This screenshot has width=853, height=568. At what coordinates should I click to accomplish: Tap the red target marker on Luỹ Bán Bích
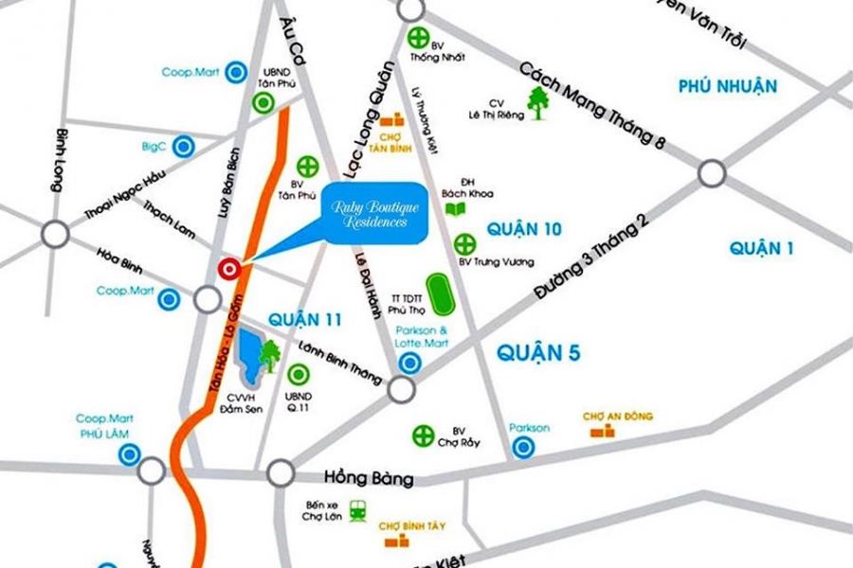tap(228, 269)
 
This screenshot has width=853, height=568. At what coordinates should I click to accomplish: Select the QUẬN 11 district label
tap(304, 319)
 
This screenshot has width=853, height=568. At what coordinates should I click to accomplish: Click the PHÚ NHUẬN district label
tap(727, 87)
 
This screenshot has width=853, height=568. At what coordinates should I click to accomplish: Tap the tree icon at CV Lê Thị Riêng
tap(538, 102)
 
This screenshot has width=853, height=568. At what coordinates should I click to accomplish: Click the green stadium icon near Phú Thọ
tap(438, 293)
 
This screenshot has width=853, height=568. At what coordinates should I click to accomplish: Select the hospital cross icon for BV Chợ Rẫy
tap(423, 435)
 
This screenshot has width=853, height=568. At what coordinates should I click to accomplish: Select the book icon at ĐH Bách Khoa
tap(456, 208)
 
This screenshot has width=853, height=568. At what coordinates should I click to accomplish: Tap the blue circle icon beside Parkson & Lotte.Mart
tap(409, 363)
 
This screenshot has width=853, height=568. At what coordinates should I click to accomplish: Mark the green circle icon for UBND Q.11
tap(295, 373)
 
